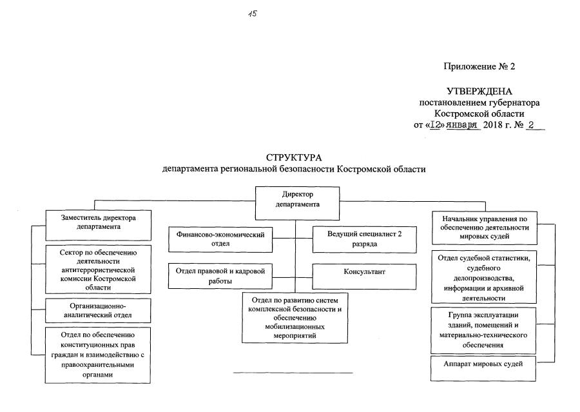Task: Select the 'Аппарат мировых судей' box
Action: (483, 366)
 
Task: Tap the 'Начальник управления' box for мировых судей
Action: (483, 227)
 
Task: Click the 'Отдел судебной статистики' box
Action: (483, 278)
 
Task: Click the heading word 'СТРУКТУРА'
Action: (293, 158)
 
